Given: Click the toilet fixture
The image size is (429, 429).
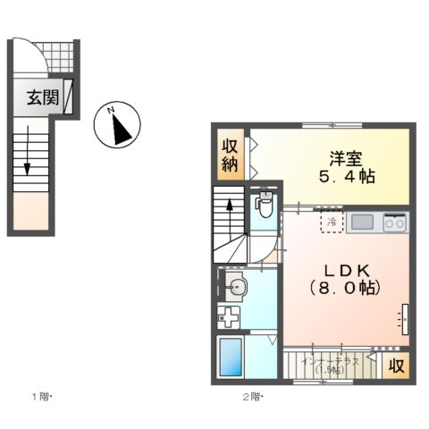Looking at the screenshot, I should [263, 203].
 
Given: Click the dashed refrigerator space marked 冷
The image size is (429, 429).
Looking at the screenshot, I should [332, 222].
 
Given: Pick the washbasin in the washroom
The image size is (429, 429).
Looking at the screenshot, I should [236, 287].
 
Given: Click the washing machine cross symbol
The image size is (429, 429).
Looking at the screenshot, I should [229, 317].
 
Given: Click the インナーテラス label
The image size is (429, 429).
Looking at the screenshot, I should [331, 362].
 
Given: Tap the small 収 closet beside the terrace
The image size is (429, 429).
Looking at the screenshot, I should [395, 364].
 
